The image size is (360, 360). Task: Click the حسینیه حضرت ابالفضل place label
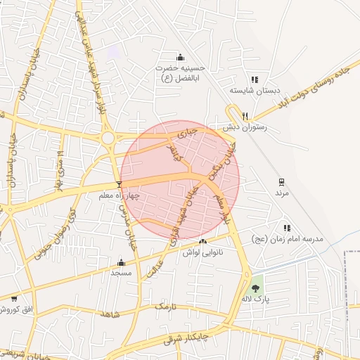pos(181,72)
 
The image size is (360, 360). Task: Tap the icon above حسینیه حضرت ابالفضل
pos(181,58)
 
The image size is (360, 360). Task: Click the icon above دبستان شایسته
pos(255,80)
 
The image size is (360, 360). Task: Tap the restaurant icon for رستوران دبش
pos(245,116)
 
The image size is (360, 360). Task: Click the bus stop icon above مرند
pos(282,182)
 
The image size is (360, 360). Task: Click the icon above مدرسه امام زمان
pos(287,228)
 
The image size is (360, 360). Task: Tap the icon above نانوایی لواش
pos(203,241)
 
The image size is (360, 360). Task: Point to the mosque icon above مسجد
pos(121,262)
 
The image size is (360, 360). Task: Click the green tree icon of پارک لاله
pos(255,288)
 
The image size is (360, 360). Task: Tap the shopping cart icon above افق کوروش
pos(14,299)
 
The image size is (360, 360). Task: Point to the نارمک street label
pos(164,307)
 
